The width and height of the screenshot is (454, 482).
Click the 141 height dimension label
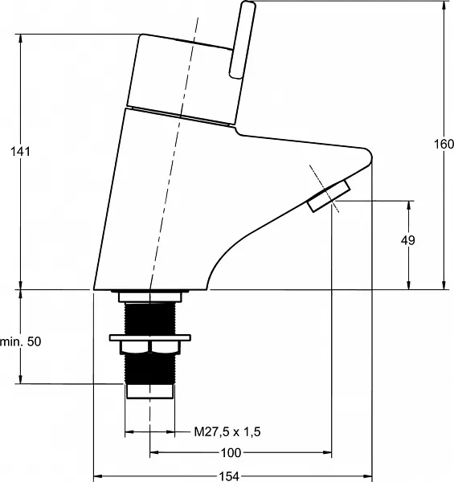point(21,152)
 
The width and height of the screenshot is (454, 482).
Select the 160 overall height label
point(444,144)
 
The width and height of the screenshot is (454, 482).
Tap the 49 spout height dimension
point(408,240)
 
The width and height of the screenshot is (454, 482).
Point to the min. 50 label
point(21,341)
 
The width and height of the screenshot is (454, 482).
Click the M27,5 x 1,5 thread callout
point(227,431)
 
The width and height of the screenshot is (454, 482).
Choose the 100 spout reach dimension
point(231,452)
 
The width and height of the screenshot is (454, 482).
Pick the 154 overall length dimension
point(229,476)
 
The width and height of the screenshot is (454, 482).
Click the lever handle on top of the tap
point(242,39)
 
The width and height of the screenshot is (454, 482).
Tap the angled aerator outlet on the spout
point(329,196)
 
